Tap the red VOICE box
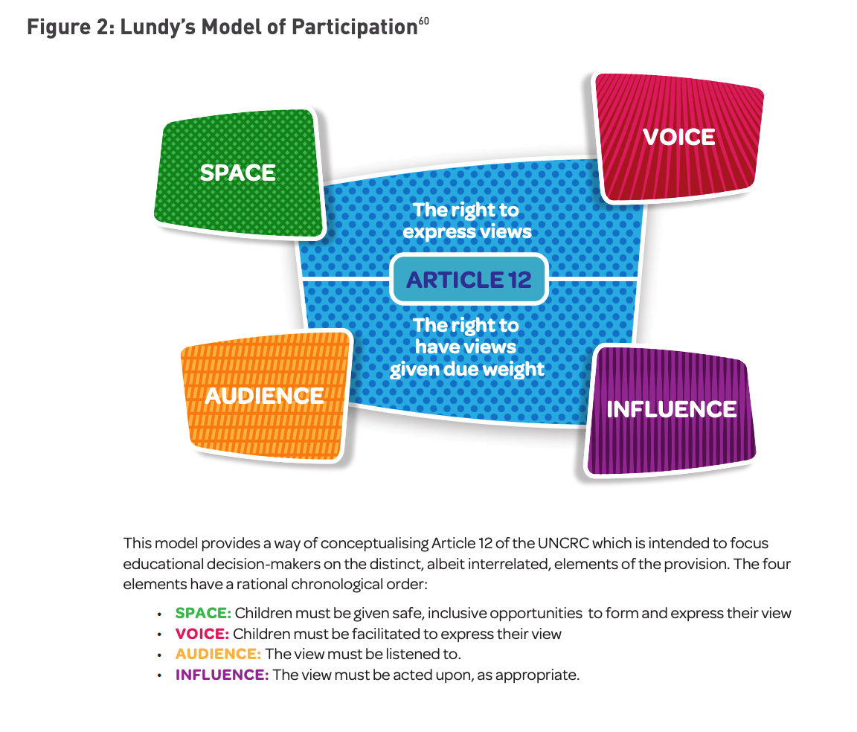(x=678, y=137)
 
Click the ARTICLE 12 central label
(x=469, y=280)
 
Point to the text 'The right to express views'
(x=466, y=221)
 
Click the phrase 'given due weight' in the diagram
(x=466, y=369)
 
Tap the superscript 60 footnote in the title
(x=423, y=22)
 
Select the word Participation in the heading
(x=353, y=28)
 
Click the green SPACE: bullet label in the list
(x=203, y=614)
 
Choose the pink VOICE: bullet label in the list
(x=202, y=635)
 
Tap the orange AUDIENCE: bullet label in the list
(x=218, y=655)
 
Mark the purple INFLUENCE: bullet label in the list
(x=222, y=675)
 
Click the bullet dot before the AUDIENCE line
(x=160, y=655)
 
